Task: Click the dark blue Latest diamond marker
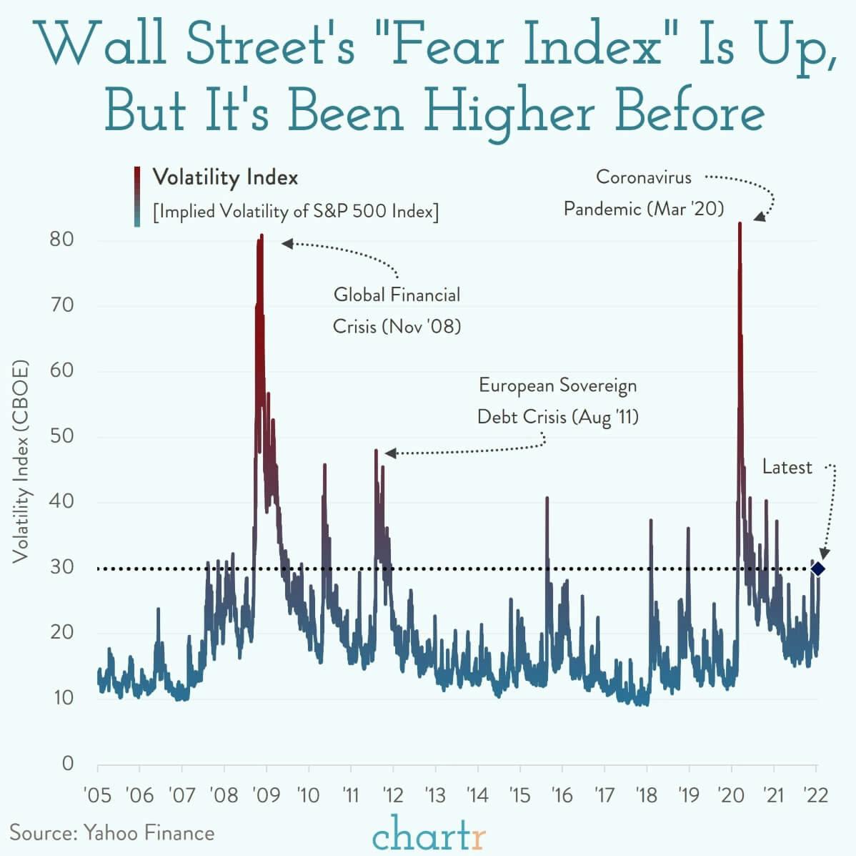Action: pos(818,569)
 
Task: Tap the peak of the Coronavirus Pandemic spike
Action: pos(740,224)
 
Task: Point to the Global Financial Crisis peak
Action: pos(262,235)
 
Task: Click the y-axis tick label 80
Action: pos(62,239)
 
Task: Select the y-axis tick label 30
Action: pos(62,567)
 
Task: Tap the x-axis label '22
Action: pos(815,794)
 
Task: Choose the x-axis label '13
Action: pos(435,794)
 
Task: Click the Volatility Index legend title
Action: pos(225,177)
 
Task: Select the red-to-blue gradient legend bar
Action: pos(136,196)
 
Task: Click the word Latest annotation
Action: pos(787,468)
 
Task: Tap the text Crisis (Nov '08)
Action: pos(397,327)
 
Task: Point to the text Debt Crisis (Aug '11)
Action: pos(557,417)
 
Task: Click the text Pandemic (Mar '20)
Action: pos(643,209)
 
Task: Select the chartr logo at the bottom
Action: pos(429,833)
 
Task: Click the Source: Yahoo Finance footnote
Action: pos(111,832)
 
